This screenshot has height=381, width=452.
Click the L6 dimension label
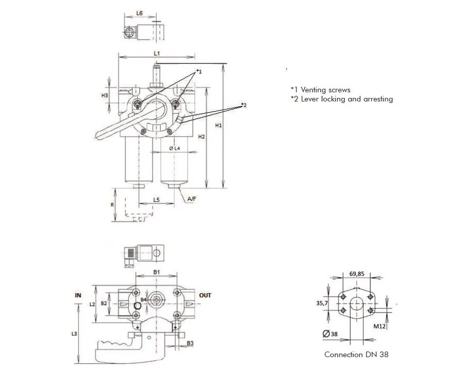tap(139, 13)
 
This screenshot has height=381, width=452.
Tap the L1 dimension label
tap(157, 53)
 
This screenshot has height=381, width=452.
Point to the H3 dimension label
tap(105, 95)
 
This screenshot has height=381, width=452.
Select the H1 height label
tap(218, 125)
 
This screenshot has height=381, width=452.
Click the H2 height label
tap(202, 136)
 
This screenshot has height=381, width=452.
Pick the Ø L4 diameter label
tap(174, 148)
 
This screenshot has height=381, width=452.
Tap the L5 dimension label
tap(156, 200)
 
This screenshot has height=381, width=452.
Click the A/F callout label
tap(192, 199)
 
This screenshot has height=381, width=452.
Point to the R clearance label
tap(112, 205)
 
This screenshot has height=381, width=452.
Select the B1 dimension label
tap(157, 272)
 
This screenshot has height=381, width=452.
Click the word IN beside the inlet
tap(78, 295)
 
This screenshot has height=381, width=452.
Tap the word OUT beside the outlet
tap(205, 295)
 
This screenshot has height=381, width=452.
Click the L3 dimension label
tap(74, 334)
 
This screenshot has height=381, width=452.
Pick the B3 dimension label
tap(190, 343)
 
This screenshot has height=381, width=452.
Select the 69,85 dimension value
tap(357, 273)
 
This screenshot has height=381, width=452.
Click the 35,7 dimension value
tap(322, 303)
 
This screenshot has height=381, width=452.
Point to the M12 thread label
tap(380, 326)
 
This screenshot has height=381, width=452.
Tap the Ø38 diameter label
tap(330, 334)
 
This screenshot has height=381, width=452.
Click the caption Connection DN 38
tap(356, 355)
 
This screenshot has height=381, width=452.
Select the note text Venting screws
tap(326, 90)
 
